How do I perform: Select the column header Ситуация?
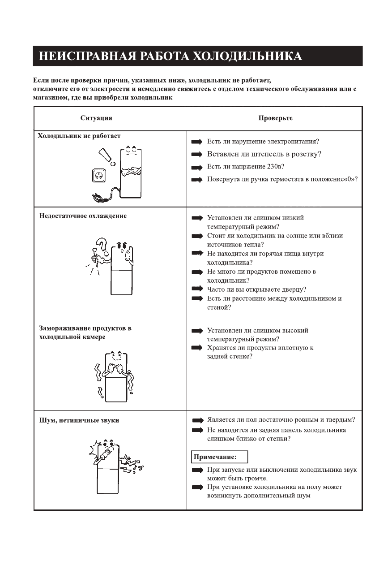96,118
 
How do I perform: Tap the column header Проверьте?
275,118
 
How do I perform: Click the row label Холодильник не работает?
79,136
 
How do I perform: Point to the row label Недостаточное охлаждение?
83,216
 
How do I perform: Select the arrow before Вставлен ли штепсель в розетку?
197,155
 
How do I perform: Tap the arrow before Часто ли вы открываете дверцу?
197,289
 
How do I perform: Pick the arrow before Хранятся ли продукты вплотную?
197,348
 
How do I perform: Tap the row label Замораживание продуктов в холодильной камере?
85,332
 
